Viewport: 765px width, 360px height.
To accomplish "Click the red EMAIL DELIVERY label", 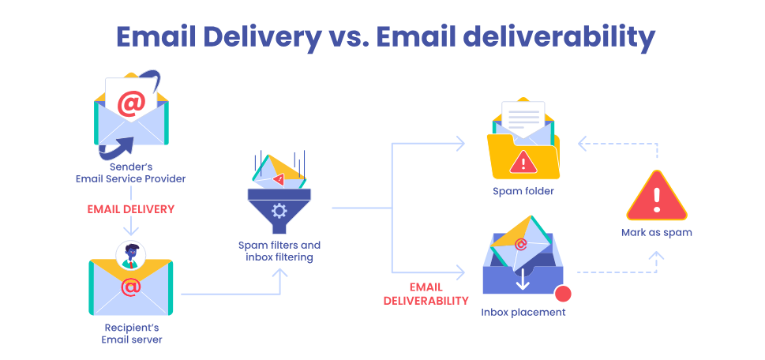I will (130, 209).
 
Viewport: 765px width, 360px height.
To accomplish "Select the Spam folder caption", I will (523, 191).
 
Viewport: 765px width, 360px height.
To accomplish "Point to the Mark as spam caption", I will (656, 232).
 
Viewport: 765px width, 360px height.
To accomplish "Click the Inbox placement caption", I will (523, 312).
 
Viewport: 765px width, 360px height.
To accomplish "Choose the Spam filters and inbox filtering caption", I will (279, 251).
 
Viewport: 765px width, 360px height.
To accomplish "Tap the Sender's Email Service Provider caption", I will (131, 173).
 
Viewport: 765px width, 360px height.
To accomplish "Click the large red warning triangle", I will (656, 197).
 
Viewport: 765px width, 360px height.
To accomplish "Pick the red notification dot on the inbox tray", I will (563, 294).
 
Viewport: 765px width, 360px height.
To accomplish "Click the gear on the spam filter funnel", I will (279, 210).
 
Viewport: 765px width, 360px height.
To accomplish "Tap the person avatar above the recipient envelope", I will (130, 254).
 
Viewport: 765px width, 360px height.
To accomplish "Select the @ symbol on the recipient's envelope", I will (131, 287).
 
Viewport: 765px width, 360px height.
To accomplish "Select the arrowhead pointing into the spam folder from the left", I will (461, 143).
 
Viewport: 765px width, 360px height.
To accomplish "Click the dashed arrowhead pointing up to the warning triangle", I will (656, 255).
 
